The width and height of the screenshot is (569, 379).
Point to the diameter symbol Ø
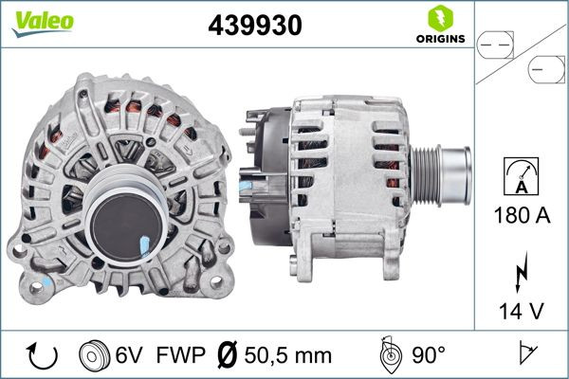[229, 356]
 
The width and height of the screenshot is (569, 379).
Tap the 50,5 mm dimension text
[287, 356]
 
